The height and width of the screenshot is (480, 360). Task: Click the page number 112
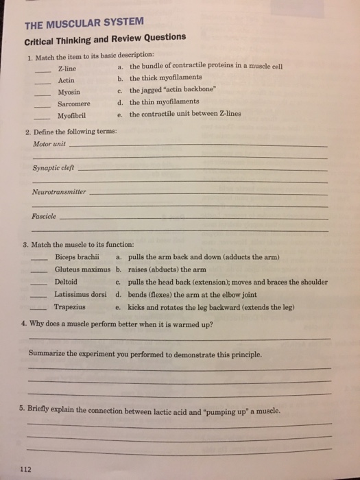pyautogui.click(x=27, y=469)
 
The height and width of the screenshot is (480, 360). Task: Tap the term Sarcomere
pyautogui.click(x=73, y=104)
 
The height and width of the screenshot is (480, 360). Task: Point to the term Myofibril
pyautogui.click(x=72, y=115)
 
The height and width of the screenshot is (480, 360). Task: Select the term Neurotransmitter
pyautogui.click(x=60, y=192)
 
